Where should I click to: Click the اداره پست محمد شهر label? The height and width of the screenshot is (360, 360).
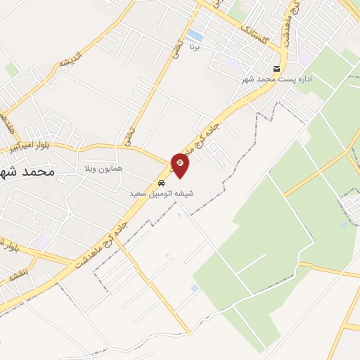coord(276,79)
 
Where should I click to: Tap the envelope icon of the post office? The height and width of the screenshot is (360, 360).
coord(276,69)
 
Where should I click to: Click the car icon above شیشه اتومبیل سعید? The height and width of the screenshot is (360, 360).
coord(162,183)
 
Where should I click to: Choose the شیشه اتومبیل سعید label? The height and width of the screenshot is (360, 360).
coord(162,193)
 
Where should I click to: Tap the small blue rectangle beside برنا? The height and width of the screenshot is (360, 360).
coord(194,35)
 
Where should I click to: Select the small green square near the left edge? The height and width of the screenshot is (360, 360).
coord(11,69)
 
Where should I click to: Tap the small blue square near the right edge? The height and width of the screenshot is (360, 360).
coord(342,225)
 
